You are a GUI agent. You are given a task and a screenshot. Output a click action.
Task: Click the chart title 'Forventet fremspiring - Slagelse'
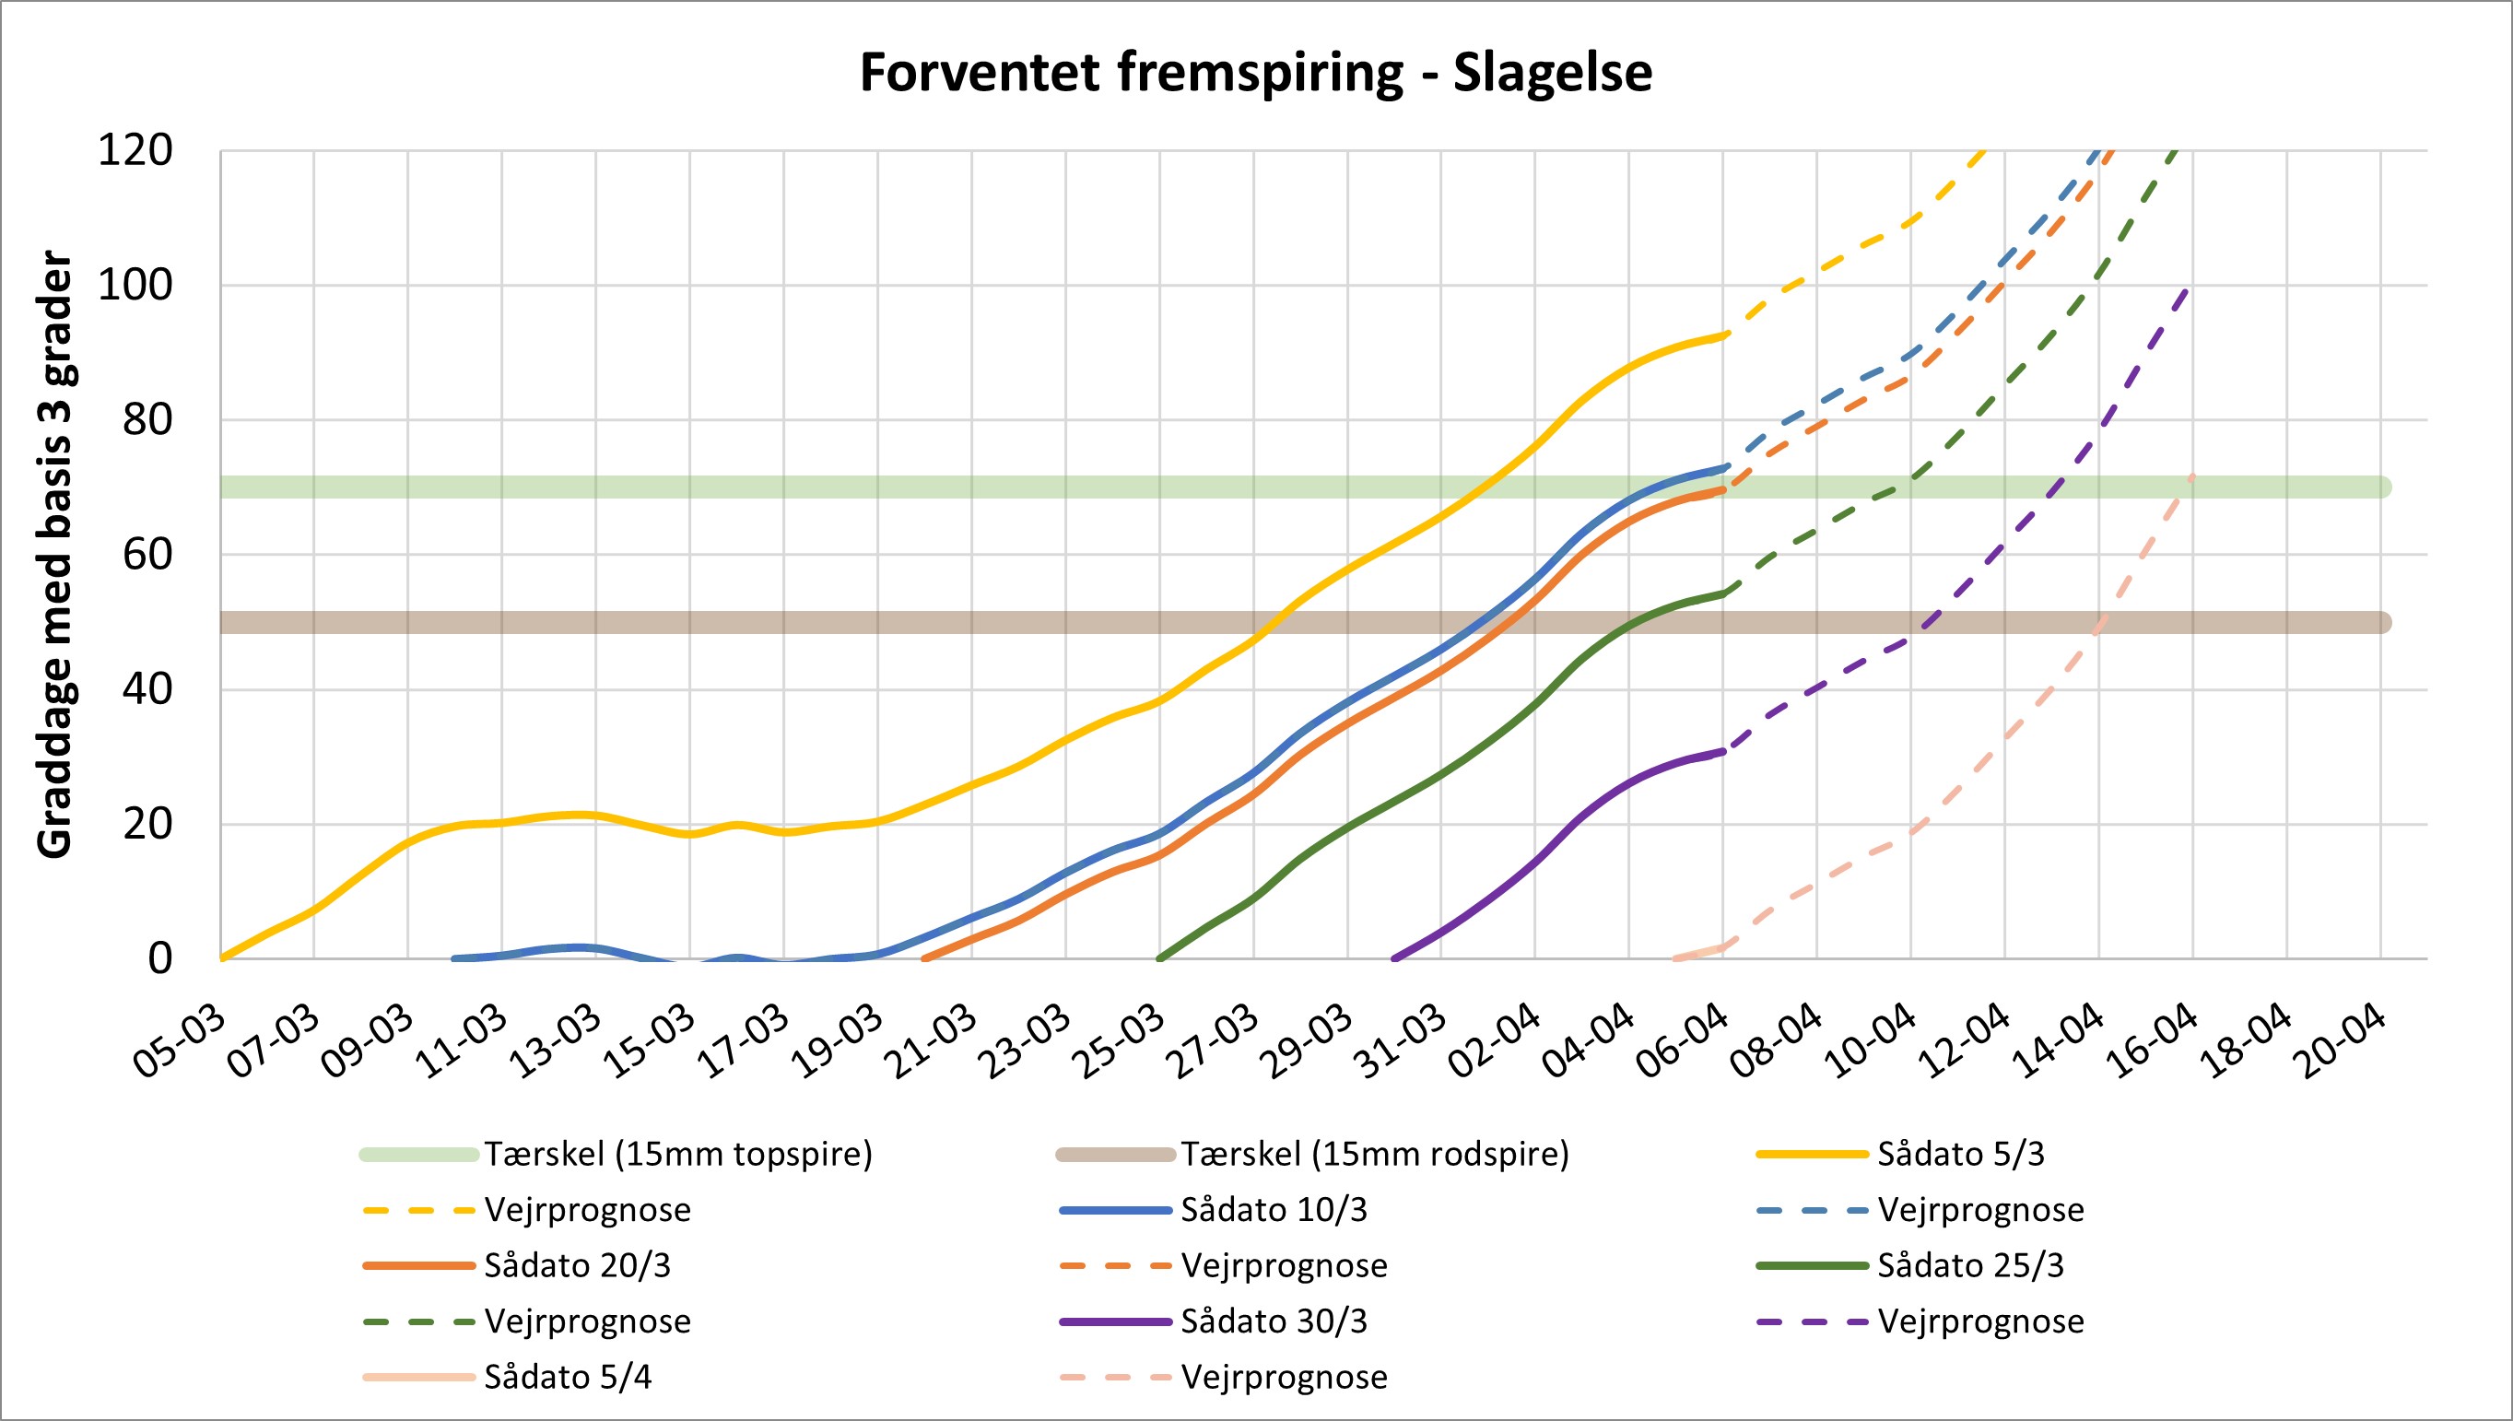point(1255,72)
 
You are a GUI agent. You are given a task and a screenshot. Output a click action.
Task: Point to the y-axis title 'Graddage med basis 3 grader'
point(55,556)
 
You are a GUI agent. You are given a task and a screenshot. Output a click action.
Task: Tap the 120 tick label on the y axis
point(135,151)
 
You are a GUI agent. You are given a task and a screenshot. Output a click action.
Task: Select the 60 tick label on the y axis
point(147,555)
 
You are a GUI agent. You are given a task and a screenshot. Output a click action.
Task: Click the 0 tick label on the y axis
point(160,958)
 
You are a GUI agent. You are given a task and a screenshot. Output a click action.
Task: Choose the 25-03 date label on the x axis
point(1121,1041)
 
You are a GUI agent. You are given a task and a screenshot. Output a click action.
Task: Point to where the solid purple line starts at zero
point(1394,958)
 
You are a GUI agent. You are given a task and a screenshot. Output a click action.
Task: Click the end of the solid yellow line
point(1724,335)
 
